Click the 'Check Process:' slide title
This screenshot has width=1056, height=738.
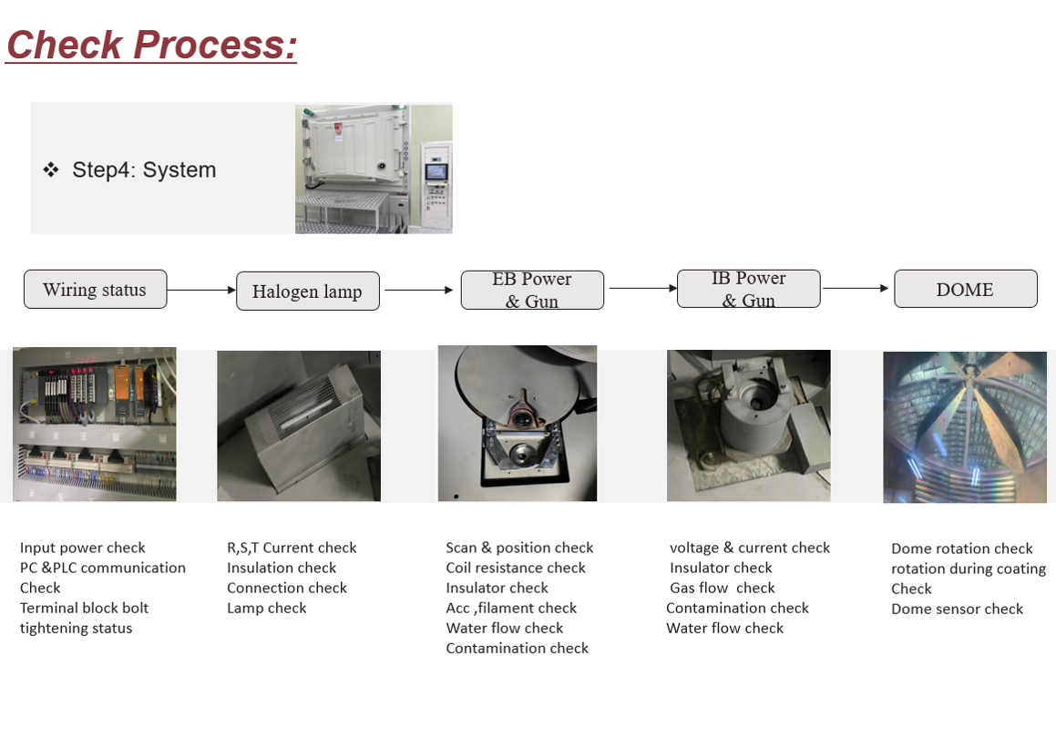click(151, 45)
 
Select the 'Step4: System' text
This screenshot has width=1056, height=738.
click(144, 169)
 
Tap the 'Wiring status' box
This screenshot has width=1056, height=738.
click(95, 290)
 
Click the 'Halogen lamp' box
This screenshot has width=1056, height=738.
click(307, 292)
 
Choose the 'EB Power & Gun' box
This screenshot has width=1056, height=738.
click(532, 290)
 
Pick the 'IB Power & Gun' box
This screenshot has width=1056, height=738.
click(748, 289)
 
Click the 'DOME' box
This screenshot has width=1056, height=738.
click(965, 289)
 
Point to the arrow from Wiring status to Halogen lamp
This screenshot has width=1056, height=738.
click(201, 290)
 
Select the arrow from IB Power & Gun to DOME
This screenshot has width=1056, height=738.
click(856, 288)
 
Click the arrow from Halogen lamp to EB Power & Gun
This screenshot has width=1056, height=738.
click(419, 290)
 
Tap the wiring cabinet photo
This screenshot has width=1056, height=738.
click(95, 424)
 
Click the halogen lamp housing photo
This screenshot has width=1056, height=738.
click(299, 425)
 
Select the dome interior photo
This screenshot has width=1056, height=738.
click(965, 426)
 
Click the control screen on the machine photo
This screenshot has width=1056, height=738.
click(436, 171)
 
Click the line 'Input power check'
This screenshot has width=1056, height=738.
click(83, 548)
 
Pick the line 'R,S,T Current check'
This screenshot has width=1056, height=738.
click(292, 548)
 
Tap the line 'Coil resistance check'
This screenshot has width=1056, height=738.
click(516, 568)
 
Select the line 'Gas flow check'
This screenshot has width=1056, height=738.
click(722, 588)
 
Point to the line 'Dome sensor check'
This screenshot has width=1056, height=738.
click(957, 609)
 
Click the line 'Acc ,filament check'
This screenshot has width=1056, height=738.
click(511, 608)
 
